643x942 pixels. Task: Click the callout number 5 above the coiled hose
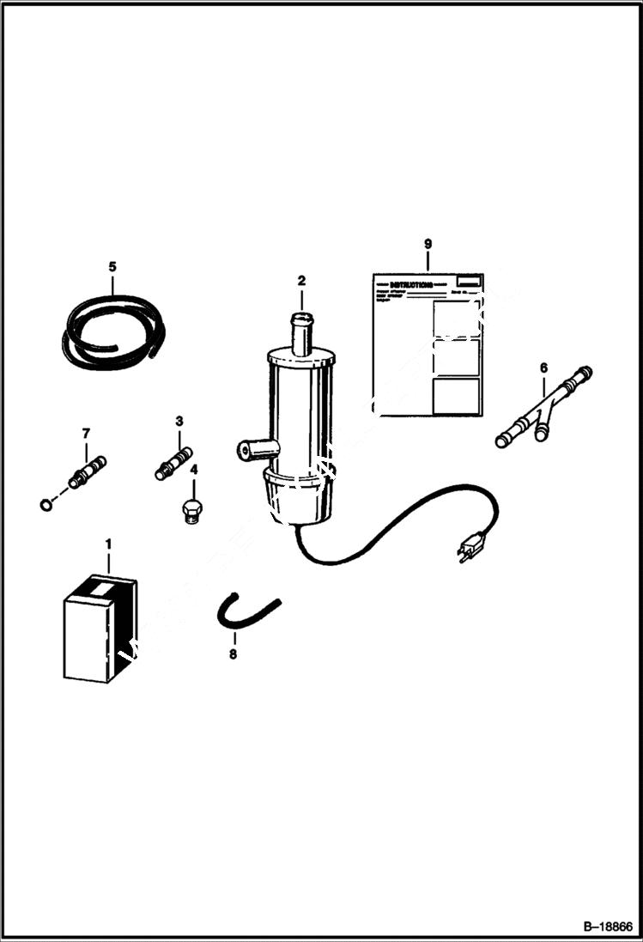click(x=112, y=266)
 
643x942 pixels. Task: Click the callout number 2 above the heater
click(x=301, y=280)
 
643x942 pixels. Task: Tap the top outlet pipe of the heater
click(x=301, y=333)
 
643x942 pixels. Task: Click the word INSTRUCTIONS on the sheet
click(x=412, y=283)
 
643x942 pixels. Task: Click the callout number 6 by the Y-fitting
click(x=543, y=368)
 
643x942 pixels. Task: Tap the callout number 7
click(x=85, y=434)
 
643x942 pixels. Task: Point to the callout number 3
click(x=179, y=421)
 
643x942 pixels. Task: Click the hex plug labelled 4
click(x=191, y=510)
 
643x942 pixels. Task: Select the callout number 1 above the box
click(x=108, y=544)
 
